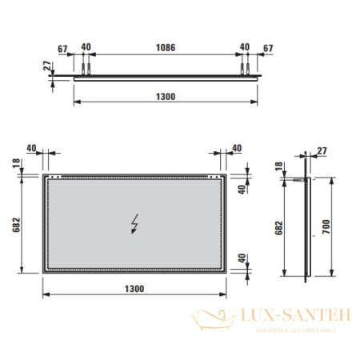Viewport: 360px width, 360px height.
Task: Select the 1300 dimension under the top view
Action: [x=166, y=97]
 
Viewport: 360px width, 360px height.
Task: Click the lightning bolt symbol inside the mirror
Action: [x=134, y=223]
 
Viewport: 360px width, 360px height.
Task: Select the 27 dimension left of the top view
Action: [x=48, y=66]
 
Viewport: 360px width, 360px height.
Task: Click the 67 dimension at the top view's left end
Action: [x=61, y=46]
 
